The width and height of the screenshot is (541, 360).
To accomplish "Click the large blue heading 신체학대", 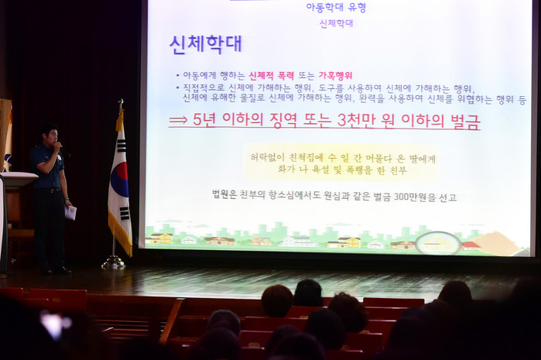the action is pyautogui.click(x=206, y=44).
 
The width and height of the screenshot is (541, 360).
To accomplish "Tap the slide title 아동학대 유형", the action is pyautogui.click(x=336, y=8).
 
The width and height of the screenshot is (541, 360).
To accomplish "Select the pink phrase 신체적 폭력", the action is pyautogui.click(x=272, y=75).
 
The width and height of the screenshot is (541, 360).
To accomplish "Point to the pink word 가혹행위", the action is pyautogui.click(x=335, y=75).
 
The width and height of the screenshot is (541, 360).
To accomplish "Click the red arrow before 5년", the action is pyautogui.click(x=178, y=121).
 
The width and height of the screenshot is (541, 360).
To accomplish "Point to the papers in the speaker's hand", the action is pyautogui.click(x=70, y=212).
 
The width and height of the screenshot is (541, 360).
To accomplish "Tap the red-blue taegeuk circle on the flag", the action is pyautogui.click(x=121, y=180).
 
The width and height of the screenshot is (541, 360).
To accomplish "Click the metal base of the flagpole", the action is pyautogui.click(x=113, y=262).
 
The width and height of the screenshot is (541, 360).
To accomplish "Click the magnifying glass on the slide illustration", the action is pyautogui.click(x=438, y=243).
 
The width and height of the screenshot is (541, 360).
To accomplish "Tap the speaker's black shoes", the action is pyautogui.click(x=56, y=271).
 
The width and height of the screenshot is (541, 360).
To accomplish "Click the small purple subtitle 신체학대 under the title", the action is pyautogui.click(x=336, y=23).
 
